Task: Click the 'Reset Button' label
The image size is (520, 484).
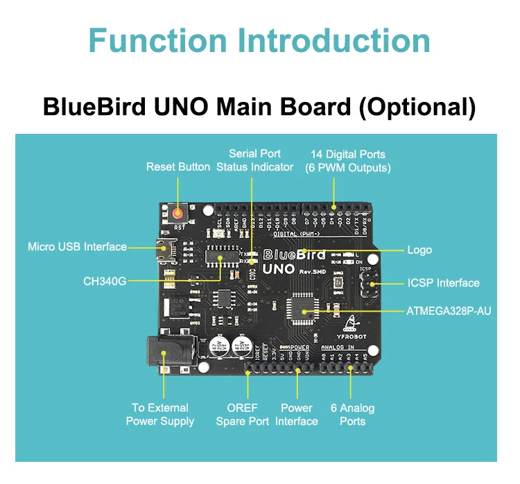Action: [x=178, y=167]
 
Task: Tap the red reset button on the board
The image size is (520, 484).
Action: [x=179, y=214]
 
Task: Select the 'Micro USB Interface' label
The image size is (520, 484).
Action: [x=77, y=247]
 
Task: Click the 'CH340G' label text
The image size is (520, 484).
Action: [x=105, y=282]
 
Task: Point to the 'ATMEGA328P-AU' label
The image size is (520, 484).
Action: [x=449, y=311]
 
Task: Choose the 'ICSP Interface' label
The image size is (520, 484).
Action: [x=443, y=283]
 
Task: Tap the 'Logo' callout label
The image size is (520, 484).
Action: [x=419, y=250]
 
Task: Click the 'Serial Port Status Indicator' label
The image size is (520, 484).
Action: [x=254, y=160]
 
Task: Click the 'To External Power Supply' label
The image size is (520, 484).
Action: [x=160, y=414]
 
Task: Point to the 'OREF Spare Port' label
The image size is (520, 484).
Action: [x=243, y=414]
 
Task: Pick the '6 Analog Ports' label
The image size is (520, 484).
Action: [x=352, y=414]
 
